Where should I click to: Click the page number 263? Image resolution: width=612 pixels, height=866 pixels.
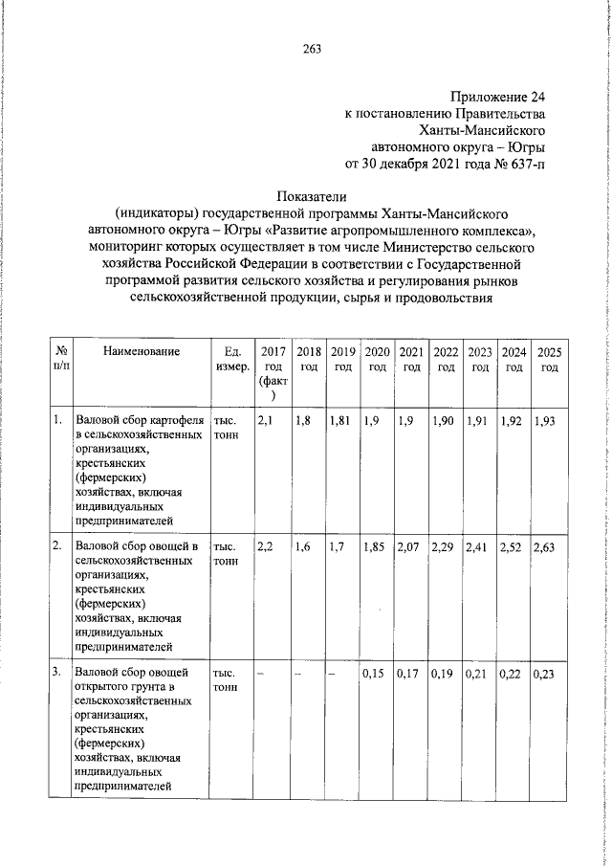(312, 50)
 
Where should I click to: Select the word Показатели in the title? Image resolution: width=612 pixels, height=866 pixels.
(311, 197)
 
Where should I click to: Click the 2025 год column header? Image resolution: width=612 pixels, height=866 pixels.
(549, 360)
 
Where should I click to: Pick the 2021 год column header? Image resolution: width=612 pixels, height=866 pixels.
(411, 360)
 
